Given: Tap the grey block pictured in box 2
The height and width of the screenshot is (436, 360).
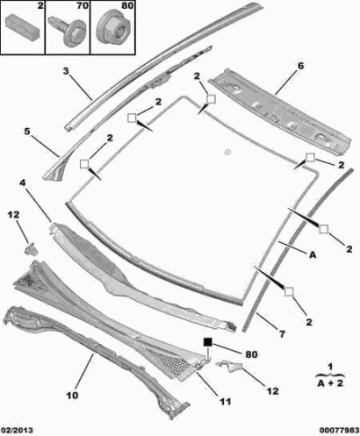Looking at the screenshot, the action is pos(22,27).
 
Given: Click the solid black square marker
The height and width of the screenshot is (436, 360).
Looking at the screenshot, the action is pos(208,342).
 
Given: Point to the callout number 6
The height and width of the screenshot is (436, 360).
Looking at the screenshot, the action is pos(301,66).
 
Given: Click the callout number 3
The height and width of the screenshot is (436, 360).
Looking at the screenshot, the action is pos(66,71).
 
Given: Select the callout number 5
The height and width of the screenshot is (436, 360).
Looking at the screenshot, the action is pos(27,132).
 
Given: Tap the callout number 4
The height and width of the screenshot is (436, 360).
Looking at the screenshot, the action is pos(22,182).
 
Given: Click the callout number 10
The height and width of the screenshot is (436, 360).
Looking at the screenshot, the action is pos(72,395).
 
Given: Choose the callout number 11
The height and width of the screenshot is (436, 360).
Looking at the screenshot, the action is pos(225,401).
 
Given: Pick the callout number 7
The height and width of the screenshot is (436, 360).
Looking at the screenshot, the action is pos(283,334).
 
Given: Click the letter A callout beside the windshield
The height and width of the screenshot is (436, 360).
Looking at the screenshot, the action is pos(312,255).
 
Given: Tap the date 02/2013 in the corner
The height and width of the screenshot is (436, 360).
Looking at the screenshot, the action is pos(16,431).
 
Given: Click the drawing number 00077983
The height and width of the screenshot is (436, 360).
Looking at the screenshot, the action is pos(339,431).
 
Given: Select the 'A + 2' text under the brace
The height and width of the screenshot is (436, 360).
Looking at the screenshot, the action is pos(330,384).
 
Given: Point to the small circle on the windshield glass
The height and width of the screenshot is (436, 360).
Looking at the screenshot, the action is pos(228,151).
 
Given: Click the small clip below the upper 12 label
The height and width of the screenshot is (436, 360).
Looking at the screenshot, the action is pos(31,250).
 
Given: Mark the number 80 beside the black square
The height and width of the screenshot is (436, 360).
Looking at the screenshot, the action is pos(251,354).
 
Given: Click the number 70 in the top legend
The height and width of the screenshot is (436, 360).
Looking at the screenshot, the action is pos(82,5).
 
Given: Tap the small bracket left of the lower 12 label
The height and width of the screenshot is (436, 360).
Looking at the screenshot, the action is pos(229,366).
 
